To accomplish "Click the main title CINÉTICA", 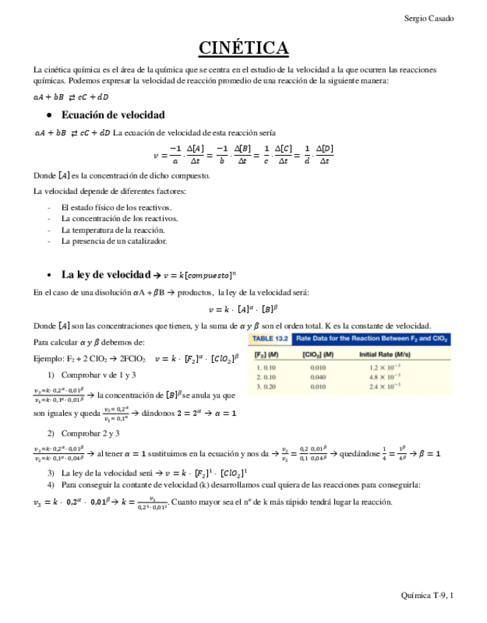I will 243,48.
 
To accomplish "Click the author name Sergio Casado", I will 429,18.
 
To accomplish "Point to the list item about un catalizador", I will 114,240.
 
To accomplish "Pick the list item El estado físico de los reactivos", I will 116,207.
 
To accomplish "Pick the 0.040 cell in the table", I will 317,375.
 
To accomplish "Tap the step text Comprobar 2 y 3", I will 95,433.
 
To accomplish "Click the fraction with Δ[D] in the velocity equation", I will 323,155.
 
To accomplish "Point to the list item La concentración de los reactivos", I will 119,218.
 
